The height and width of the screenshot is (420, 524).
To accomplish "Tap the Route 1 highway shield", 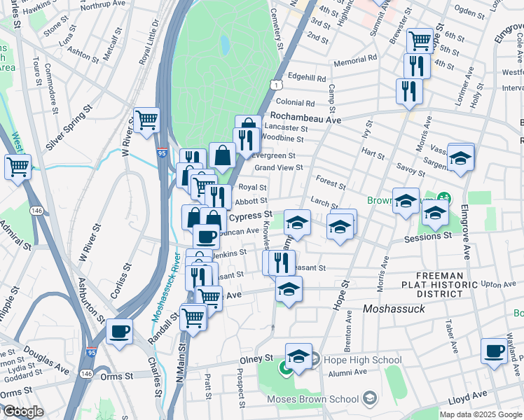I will tap(277, 85).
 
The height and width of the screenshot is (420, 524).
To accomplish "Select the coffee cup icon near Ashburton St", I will tap(119, 330).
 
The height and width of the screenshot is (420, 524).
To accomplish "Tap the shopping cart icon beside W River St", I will tap(146, 120).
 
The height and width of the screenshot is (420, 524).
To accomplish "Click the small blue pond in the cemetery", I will tap(224, 45).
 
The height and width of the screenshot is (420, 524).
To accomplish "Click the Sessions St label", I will tap(428, 237).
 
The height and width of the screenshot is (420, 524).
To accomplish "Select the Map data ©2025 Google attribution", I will tap(480, 414).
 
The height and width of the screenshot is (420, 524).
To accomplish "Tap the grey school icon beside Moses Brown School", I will tap(369, 400).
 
